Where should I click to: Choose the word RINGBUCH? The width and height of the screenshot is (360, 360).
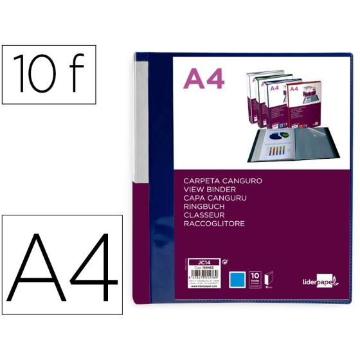pos(203,210)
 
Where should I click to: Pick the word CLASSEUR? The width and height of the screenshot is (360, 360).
pos(204,219)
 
